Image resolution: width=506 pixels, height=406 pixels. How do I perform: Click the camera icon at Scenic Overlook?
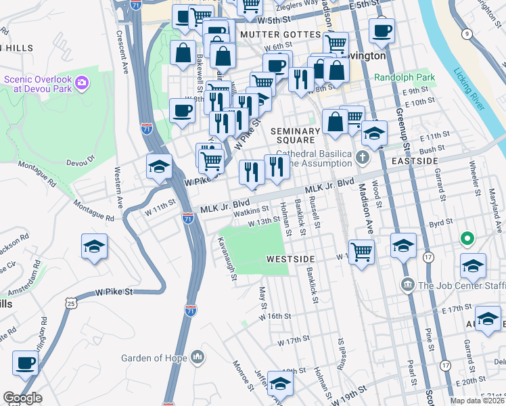click(82, 83)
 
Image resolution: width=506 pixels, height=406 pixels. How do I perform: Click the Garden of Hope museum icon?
click(198, 356)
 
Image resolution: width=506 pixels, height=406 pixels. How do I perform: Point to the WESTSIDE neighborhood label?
click(291, 259)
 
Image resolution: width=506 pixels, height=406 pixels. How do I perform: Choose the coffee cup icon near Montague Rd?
click(181, 110)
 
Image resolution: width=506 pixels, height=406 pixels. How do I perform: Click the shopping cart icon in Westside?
click(362, 252)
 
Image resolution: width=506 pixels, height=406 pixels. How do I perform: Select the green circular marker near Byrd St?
click(466, 239)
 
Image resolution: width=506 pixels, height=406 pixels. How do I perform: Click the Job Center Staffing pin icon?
click(407, 284)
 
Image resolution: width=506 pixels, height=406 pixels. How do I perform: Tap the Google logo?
click(23, 397)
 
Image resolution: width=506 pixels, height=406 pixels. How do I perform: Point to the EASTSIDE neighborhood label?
click(415, 160)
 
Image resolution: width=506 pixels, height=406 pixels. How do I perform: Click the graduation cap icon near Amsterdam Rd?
click(94, 247)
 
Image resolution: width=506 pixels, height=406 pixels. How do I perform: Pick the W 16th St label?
click(277, 316)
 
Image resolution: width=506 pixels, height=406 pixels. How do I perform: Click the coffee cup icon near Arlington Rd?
click(26, 362)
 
